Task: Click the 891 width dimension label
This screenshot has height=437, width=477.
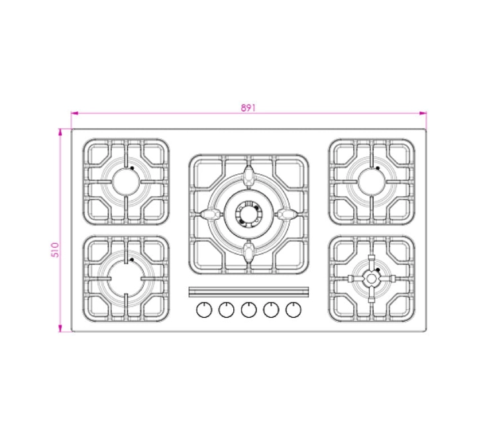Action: coord(248,108)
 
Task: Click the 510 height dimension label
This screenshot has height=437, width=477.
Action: coord(55,250)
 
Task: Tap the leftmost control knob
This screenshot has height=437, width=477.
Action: coord(204,310)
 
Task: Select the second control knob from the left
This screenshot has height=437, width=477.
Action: coord(227,310)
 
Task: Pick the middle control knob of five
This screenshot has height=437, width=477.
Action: coord(249,310)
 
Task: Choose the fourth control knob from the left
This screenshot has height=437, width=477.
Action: coord(271,310)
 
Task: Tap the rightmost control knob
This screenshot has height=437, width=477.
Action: coord(293,310)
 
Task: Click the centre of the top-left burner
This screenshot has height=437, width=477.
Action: coord(126,182)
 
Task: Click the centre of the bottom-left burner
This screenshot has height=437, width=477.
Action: coord(126,278)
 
